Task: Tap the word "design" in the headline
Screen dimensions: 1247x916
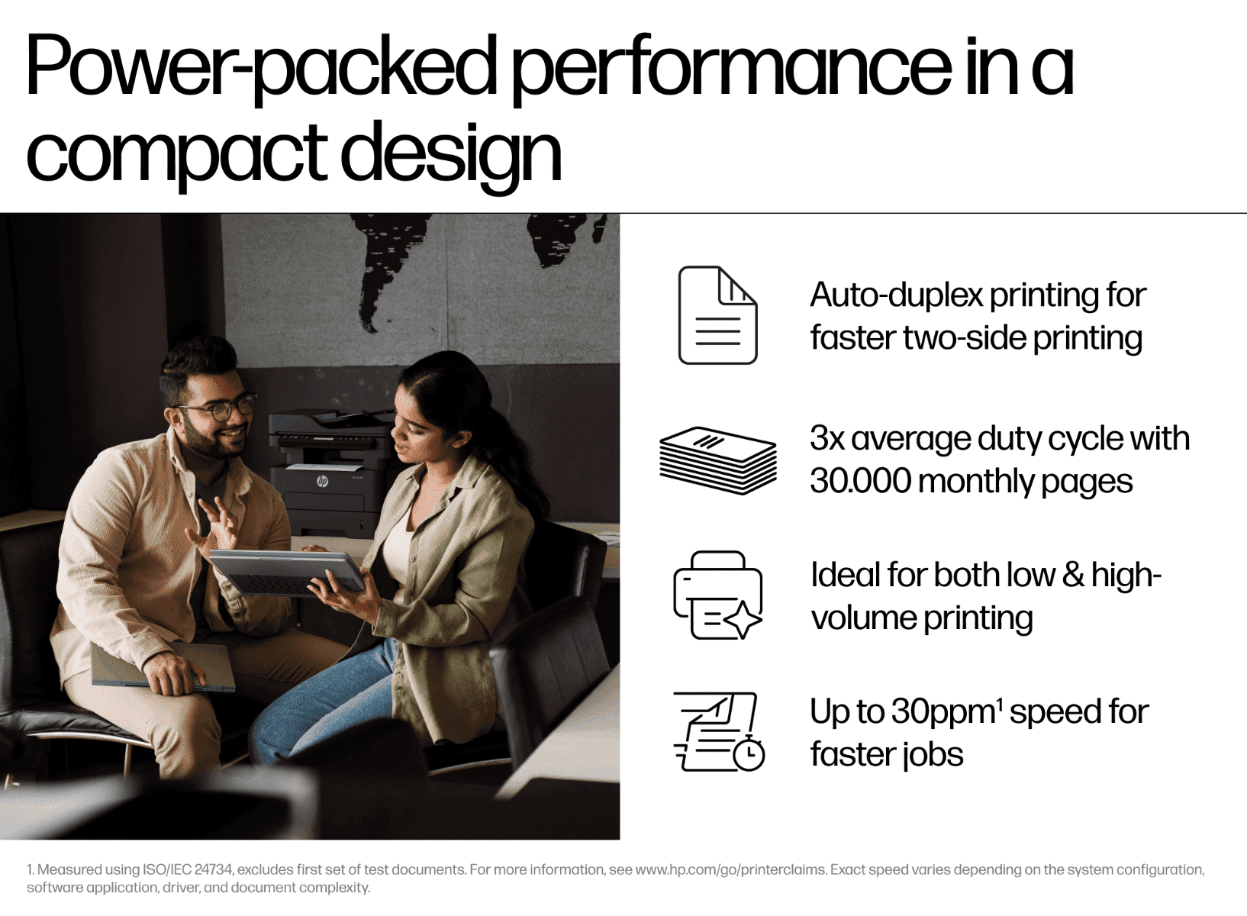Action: (450, 154)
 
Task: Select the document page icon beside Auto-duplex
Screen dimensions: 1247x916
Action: (717, 315)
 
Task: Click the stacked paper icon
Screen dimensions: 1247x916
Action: (718, 460)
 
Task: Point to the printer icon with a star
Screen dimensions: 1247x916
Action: (717, 595)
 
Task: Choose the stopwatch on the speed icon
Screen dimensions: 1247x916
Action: (749, 753)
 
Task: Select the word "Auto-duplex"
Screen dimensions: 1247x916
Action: (897, 295)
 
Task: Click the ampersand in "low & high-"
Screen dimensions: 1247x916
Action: (1073, 575)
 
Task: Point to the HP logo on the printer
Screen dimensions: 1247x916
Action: (322, 481)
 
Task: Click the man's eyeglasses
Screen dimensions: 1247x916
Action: (218, 408)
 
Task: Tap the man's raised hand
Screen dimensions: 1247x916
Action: (214, 524)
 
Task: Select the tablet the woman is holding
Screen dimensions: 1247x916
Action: (287, 572)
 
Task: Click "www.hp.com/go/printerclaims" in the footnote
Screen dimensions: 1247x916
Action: (731, 869)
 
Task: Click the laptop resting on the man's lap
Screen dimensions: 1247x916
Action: (163, 667)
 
